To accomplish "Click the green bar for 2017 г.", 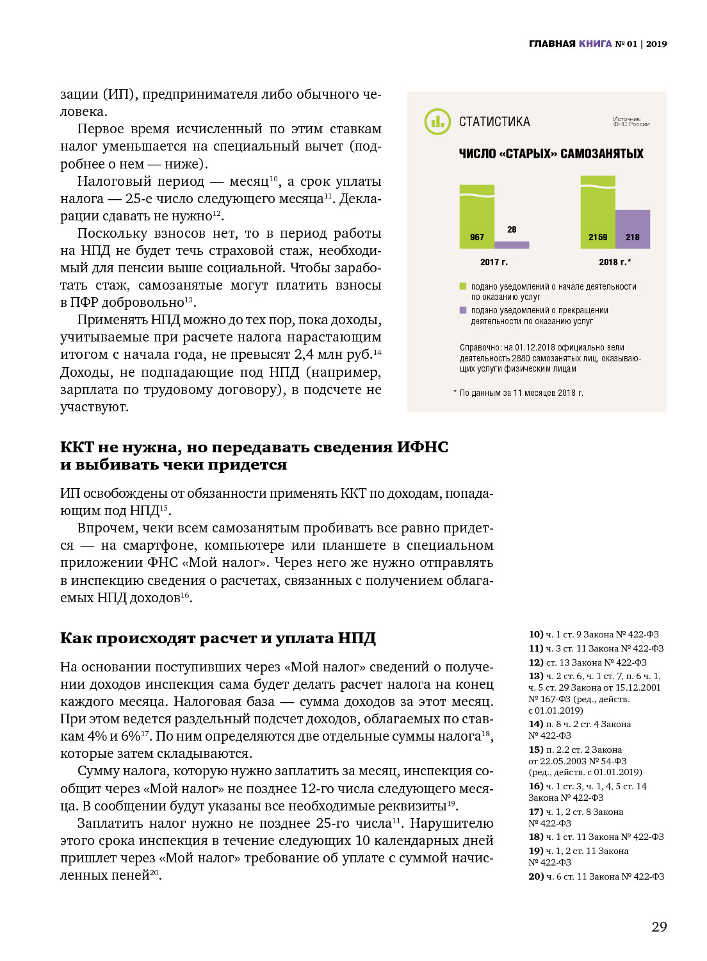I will (x=477, y=215).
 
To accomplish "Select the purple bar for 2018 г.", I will (x=633, y=228).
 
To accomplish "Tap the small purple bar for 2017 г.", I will (x=512, y=245).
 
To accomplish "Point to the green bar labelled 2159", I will (x=597, y=211).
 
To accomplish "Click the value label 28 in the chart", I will (x=512, y=229).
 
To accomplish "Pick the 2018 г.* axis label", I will (x=615, y=262).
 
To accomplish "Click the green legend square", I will (x=463, y=286).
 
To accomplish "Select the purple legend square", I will (x=463, y=310).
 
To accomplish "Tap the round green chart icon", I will (x=438, y=121).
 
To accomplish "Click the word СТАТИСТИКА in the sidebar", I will (x=494, y=122).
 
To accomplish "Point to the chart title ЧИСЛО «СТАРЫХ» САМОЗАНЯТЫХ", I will (x=551, y=154).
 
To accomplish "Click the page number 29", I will (x=659, y=926).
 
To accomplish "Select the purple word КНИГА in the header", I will (x=595, y=44).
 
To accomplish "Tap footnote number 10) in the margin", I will (x=535, y=634).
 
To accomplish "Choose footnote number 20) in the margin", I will (x=535, y=876).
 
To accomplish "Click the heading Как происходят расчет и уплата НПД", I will (x=218, y=638).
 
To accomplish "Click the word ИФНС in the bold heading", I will (x=422, y=447).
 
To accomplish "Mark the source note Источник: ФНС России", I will (x=631, y=122).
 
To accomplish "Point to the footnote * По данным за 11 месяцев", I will (x=518, y=393).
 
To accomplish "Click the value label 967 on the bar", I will (x=477, y=237).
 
